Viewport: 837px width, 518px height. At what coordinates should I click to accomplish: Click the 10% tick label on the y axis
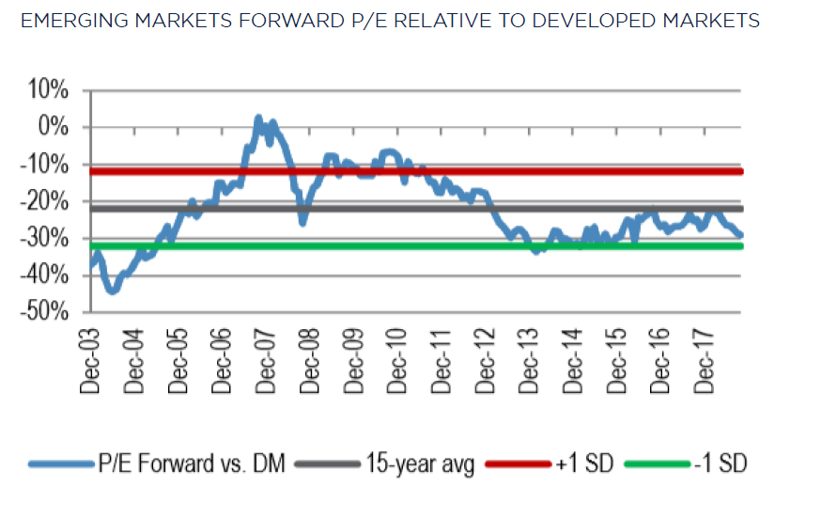(x=48, y=90)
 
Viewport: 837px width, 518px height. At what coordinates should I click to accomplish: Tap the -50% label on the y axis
(x=44, y=312)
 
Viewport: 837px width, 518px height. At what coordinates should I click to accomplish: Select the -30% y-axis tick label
(x=44, y=238)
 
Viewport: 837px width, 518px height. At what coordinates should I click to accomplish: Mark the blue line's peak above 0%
(x=257, y=118)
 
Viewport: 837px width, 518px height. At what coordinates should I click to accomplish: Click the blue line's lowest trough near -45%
(x=113, y=290)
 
